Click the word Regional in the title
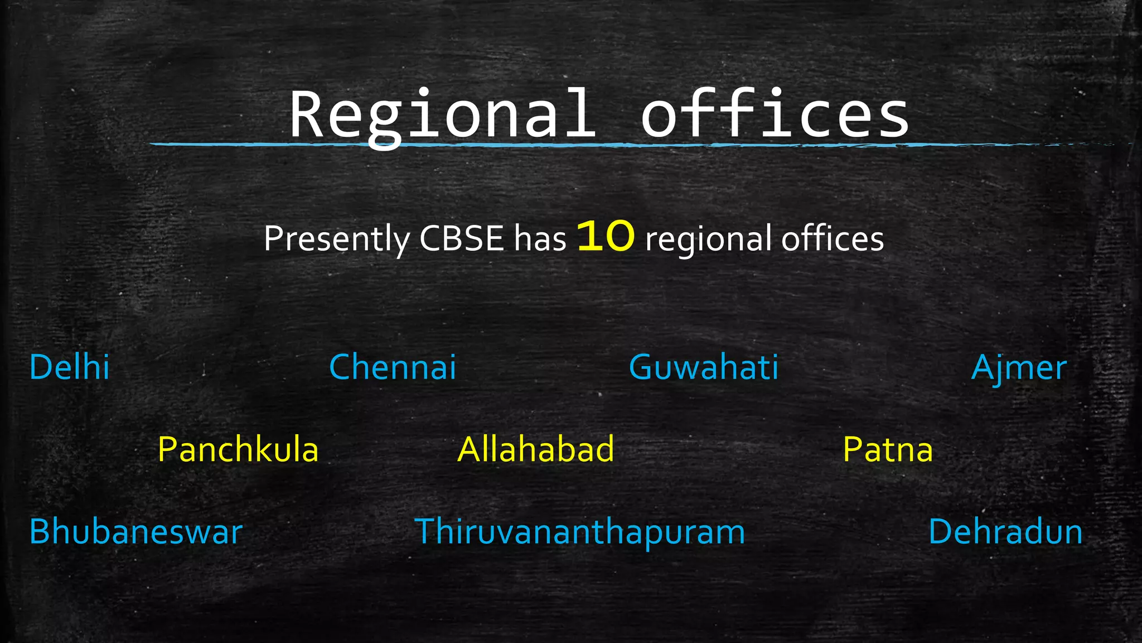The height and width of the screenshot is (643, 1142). pyautogui.click(x=442, y=116)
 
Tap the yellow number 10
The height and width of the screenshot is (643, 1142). pyautogui.click(x=606, y=236)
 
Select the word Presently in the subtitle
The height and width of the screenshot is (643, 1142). pyautogui.click(x=337, y=239)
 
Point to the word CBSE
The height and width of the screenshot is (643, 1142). pyautogui.click(x=462, y=239)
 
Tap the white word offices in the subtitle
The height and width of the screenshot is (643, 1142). pyautogui.click(x=832, y=239)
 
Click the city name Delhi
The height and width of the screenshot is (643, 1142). pyautogui.click(x=69, y=367)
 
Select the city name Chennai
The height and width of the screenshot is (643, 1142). pyautogui.click(x=393, y=367)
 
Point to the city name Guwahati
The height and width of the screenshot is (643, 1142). pyautogui.click(x=703, y=367)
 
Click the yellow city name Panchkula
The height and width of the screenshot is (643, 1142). pyautogui.click(x=238, y=449)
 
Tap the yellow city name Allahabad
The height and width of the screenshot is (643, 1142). pyautogui.click(x=536, y=449)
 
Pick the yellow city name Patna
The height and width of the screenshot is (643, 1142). pyautogui.click(x=888, y=449)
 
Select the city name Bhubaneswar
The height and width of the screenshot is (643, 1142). pyautogui.click(x=136, y=531)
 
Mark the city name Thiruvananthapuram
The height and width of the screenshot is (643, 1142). pyautogui.click(x=580, y=531)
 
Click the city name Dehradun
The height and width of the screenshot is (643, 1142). pyautogui.click(x=1005, y=531)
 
